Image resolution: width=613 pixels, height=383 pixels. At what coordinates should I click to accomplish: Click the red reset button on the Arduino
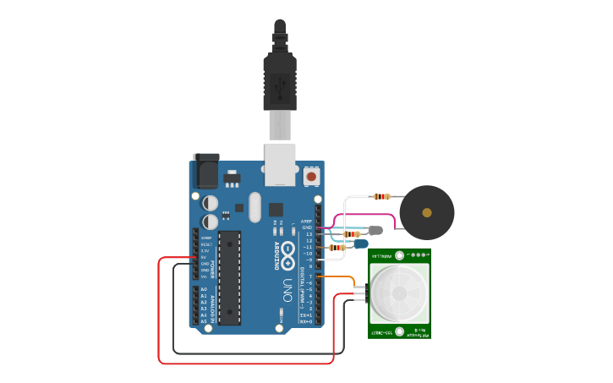pos(311,177)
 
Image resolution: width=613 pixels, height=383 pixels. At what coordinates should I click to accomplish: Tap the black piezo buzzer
pos(427,212)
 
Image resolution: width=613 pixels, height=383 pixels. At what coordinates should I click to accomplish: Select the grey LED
pos(375,230)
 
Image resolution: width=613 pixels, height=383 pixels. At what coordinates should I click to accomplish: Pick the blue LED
pos(361,244)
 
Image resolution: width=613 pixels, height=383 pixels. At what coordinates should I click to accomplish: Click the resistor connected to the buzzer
pos(381,197)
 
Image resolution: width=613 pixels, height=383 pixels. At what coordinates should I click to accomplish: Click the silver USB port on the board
pos(280,163)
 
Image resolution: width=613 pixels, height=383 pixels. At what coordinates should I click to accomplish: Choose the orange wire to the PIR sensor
pos(342,277)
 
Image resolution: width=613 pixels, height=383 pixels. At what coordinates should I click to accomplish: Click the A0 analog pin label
pos(204,289)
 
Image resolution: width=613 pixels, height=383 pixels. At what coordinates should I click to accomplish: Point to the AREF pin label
pos(307,222)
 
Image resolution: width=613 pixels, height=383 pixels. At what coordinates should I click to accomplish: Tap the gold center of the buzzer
pos(427,212)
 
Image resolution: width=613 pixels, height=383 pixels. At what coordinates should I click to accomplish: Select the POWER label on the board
pos(212,269)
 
